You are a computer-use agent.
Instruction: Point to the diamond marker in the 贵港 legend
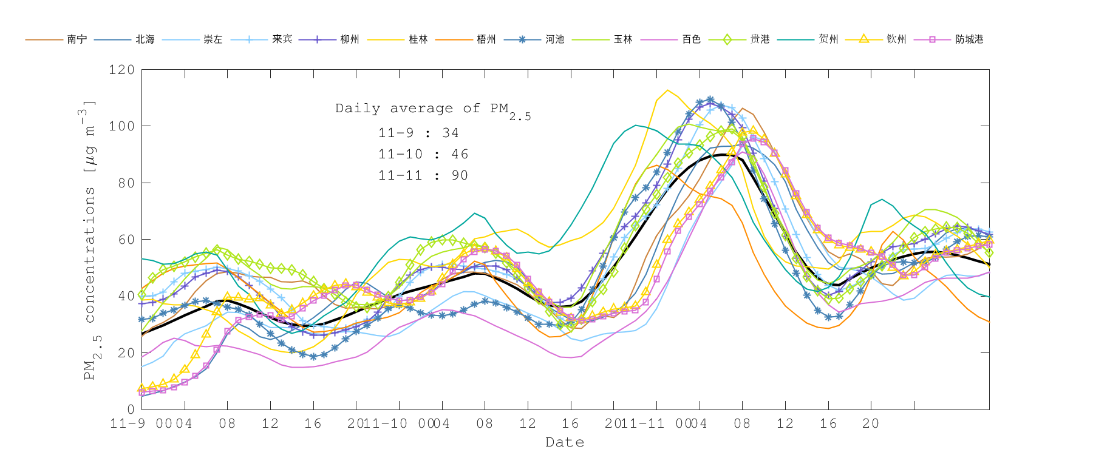click(727, 39)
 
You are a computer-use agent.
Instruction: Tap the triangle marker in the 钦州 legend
click(863, 39)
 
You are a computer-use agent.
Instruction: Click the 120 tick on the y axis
click(121, 70)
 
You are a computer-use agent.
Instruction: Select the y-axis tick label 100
click(121, 126)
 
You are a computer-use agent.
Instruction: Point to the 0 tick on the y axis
click(131, 409)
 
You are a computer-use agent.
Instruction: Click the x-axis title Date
click(565, 442)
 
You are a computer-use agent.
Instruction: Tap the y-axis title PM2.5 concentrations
click(90, 240)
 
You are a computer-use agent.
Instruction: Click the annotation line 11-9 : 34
click(418, 133)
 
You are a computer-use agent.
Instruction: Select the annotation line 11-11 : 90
click(423, 175)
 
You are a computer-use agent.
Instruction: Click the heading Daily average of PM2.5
click(432, 109)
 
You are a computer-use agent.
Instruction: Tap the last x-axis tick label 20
click(871, 423)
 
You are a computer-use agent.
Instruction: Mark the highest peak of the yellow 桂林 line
click(667, 90)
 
